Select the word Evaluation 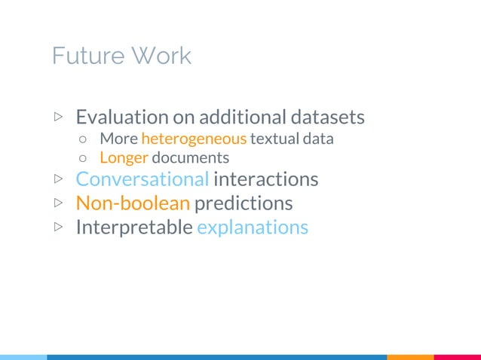[x=122, y=117]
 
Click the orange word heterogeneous [x=194, y=139]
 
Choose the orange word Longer [x=124, y=158]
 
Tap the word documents [x=191, y=158]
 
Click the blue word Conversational [x=142, y=180]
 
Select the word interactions [x=265, y=180]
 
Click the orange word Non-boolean [x=133, y=203]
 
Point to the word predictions [x=244, y=204]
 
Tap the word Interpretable [x=134, y=227]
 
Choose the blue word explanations [x=253, y=227]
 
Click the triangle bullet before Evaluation [x=59, y=117]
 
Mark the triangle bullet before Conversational [x=59, y=180]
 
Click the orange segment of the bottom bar [x=410, y=356]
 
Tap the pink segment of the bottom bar [x=458, y=356]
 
